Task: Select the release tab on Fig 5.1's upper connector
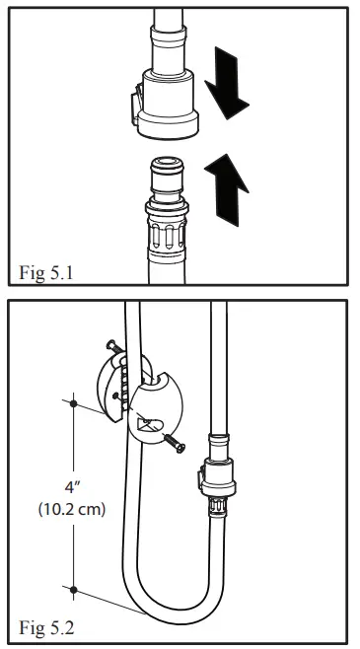click(x=131, y=103)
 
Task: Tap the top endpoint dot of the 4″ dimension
click(x=74, y=402)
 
